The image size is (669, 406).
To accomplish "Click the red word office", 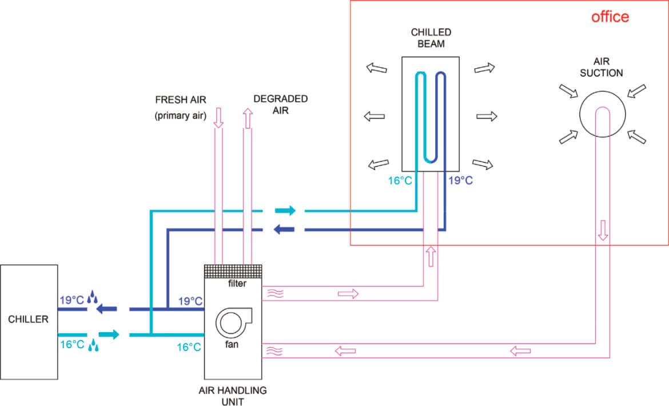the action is click(x=610, y=17).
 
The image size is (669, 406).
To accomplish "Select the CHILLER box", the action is click(x=29, y=322).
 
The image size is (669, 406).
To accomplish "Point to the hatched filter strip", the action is click(x=233, y=271).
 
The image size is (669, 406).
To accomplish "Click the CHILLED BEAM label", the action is click(x=431, y=38).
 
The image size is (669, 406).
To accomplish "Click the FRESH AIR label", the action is click(x=181, y=100).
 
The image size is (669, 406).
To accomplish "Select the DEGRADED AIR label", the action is click(x=280, y=104).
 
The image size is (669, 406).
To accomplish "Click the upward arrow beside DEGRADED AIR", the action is click(x=248, y=119).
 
